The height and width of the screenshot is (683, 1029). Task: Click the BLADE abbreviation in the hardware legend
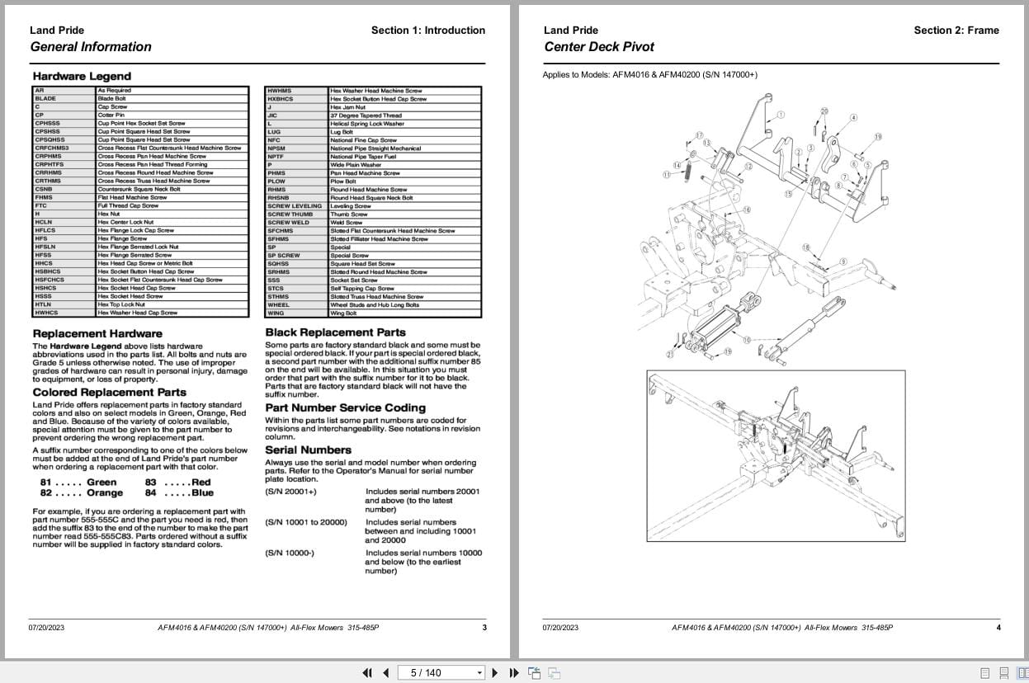pyautogui.click(x=46, y=98)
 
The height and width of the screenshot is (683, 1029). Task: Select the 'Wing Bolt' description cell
pyautogui.click(x=344, y=313)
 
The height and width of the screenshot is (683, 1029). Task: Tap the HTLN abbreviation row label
pyautogui.click(x=44, y=304)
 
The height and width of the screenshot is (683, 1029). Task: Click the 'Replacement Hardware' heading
pyautogui.click(x=92, y=333)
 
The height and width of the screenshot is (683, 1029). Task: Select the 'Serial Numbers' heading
pyautogui.click(x=308, y=450)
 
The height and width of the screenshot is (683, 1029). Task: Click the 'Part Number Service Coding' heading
pyautogui.click(x=345, y=407)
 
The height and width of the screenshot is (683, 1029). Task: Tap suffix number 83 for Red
pyautogui.click(x=151, y=483)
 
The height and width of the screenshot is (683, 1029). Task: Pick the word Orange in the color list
pyautogui.click(x=105, y=493)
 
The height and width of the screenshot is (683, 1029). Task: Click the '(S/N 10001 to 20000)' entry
pyautogui.click(x=305, y=522)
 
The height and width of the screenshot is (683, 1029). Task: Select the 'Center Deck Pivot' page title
pyautogui.click(x=599, y=47)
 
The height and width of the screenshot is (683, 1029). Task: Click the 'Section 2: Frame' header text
pyautogui.click(x=956, y=31)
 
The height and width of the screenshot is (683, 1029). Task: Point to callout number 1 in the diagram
pyautogui.click(x=781, y=115)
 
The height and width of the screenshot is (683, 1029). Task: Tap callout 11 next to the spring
pyautogui.click(x=666, y=175)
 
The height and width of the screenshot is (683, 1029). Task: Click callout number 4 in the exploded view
pyautogui.click(x=853, y=118)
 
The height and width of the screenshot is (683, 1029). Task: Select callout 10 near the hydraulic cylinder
pyautogui.click(x=746, y=340)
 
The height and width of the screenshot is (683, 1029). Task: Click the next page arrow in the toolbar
pyautogui.click(x=495, y=672)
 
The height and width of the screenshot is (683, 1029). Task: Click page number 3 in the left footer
pyautogui.click(x=484, y=628)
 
